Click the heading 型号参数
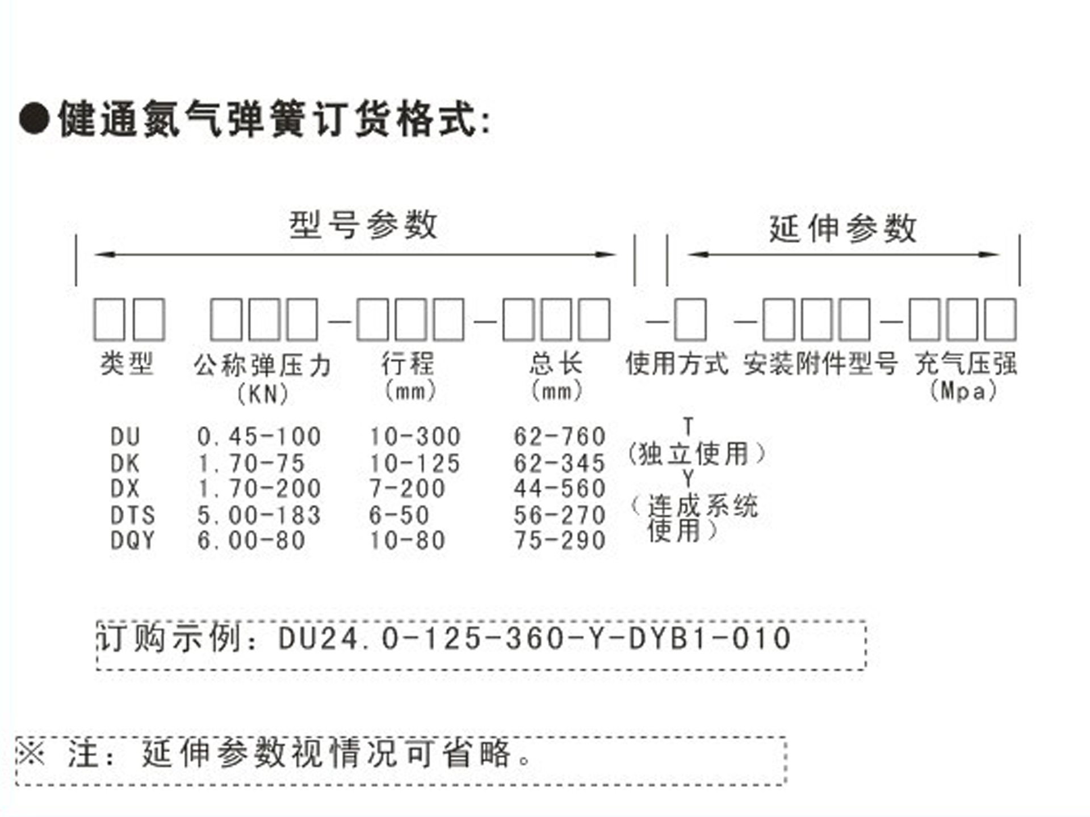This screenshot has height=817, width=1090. pos(363,225)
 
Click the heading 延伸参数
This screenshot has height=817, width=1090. pos(842,229)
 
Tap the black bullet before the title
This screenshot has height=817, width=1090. pos(34,119)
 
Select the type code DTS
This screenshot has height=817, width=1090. pos(133,515)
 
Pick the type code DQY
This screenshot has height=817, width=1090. pos(133,541)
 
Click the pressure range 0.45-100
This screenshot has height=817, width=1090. pos(259,437)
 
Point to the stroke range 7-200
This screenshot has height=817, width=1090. pos(407,488)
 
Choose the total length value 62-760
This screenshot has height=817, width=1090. pos(560,437)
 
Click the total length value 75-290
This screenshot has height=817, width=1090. pos(560,541)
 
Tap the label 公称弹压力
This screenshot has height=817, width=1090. pos(262,365)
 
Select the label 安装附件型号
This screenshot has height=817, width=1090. pos(821,364)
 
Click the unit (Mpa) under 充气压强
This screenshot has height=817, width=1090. pos(963,391)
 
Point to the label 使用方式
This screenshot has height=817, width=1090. pos(677,364)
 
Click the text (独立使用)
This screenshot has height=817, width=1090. pos(697,454)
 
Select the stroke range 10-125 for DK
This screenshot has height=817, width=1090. pos(414,464)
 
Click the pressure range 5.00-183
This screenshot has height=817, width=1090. pos(259,515)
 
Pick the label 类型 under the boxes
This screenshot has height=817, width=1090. pos(127,364)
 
